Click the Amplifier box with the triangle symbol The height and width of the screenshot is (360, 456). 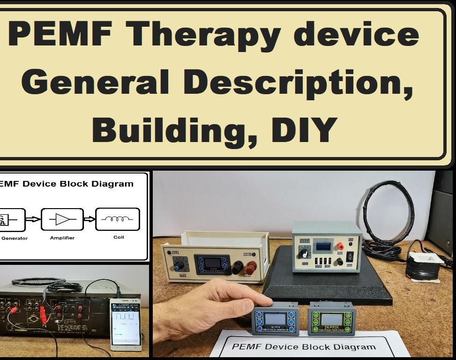click(x=62, y=219)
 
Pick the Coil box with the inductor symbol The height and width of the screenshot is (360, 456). click(x=117, y=219)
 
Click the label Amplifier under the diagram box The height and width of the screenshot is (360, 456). click(x=62, y=238)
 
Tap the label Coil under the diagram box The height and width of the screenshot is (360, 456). click(x=119, y=237)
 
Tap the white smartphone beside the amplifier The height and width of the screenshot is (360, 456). click(x=126, y=324)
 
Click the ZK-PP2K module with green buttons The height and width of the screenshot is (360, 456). click(x=332, y=319)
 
